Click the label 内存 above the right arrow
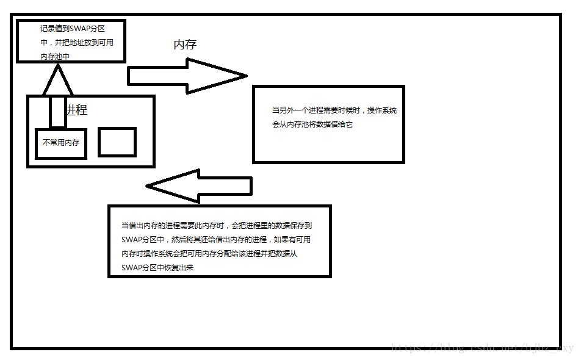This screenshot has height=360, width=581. (x=185, y=45)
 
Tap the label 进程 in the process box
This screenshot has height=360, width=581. (x=77, y=110)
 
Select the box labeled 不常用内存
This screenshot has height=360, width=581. (x=60, y=143)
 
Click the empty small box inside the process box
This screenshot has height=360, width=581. (x=117, y=142)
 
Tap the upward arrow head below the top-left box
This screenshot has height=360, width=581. (x=57, y=80)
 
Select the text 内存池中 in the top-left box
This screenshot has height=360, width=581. (x=55, y=56)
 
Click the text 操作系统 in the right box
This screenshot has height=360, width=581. (x=381, y=110)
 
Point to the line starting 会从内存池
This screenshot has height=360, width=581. (x=312, y=124)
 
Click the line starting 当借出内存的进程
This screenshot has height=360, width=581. (x=217, y=225)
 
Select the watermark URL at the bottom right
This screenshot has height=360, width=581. (x=482, y=348)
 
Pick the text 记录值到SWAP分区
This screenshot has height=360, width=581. (x=73, y=29)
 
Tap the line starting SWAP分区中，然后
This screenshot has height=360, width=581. (x=216, y=239)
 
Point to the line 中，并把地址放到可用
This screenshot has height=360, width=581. (x=77, y=42)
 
